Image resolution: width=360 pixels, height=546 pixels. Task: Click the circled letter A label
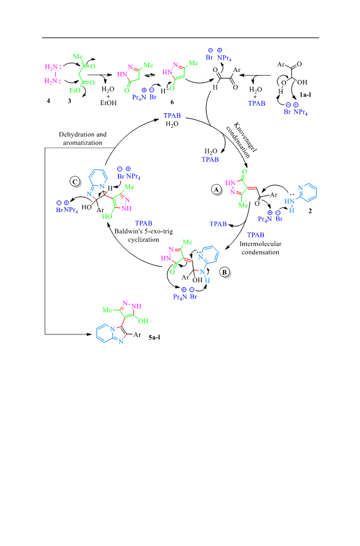[217, 189]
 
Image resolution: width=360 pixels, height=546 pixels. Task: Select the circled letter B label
[225, 272]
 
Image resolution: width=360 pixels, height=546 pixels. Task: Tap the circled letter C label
[74, 181]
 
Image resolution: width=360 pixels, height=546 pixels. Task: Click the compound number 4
[49, 101]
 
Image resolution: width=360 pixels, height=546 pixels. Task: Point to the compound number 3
[70, 101]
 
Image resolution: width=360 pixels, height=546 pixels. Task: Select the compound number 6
[172, 102]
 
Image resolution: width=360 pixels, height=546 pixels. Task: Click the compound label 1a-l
[305, 94]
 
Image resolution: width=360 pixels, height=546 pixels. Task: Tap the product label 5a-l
[154, 337]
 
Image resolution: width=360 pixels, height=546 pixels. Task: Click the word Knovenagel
[246, 137]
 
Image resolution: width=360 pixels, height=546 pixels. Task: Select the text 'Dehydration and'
[82, 135]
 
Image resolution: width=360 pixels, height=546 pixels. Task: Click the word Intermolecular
[260, 243]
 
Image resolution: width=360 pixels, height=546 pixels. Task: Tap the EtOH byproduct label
[108, 103]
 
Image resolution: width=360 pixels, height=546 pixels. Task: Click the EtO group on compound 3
[74, 90]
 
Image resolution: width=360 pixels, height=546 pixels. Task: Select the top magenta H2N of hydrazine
[51, 67]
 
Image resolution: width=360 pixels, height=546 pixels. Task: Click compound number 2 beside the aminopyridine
[310, 211]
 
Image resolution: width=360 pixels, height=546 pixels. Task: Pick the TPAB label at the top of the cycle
[172, 116]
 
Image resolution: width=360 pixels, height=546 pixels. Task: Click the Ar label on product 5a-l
[137, 334]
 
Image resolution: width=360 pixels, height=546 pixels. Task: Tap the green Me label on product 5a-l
[107, 310]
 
